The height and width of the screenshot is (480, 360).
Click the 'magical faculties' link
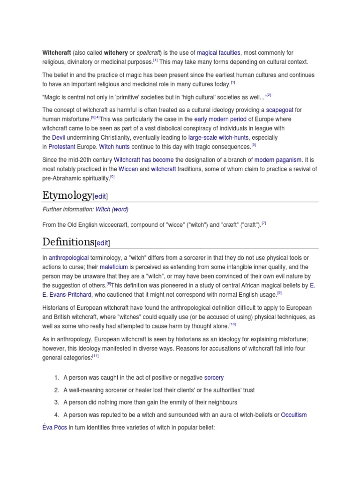coord(218,53)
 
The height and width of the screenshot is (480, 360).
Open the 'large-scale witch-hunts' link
coord(218,137)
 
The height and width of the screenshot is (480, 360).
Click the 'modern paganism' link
coord(278,160)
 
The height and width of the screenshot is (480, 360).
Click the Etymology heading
coord(67,195)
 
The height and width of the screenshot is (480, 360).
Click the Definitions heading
coord(68,241)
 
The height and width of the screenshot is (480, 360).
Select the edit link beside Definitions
coord(103,243)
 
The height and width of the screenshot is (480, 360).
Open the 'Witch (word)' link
coord(112,209)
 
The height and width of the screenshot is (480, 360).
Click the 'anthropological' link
coord(68,257)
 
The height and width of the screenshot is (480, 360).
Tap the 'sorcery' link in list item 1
coord(214,377)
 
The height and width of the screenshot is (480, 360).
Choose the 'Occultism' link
coord(294,414)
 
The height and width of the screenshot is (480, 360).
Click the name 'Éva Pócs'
coord(55,427)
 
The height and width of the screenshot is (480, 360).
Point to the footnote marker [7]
coord(264,223)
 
